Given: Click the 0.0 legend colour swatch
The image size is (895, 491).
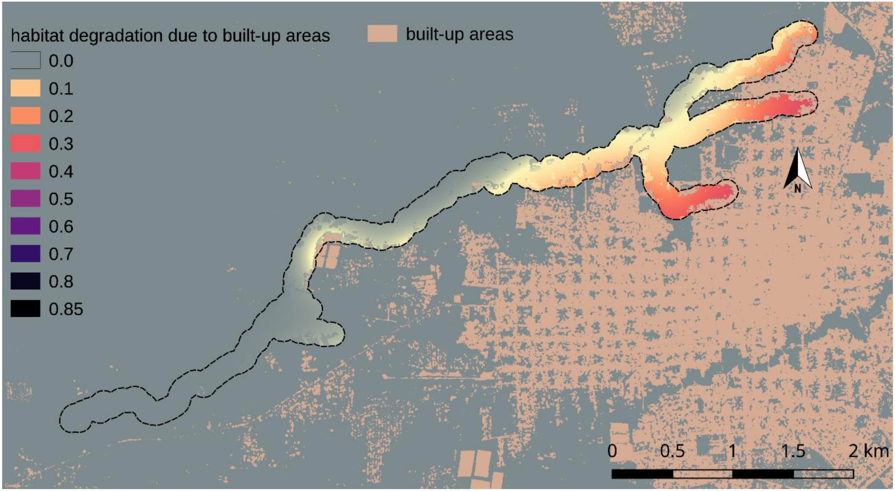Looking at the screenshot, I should [x=25, y=60].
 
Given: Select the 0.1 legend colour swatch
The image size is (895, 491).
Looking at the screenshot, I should [x=25, y=88].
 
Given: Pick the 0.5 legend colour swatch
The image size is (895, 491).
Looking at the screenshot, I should [x=25, y=199].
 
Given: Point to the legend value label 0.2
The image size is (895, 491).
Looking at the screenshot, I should [x=61, y=116].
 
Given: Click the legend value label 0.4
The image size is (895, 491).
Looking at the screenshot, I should [x=61, y=171].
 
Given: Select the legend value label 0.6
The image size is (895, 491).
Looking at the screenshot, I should [x=61, y=226].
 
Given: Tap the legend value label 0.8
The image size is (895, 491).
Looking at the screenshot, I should [x=61, y=281].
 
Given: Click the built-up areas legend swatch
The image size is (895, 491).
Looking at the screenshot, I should [x=382, y=34].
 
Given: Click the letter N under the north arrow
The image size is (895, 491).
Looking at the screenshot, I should [x=798, y=188].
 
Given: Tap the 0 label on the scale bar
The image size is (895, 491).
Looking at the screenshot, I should [x=612, y=451].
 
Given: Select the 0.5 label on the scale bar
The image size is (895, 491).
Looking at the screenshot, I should [x=672, y=451].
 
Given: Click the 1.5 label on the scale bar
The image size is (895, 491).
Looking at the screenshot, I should [x=793, y=451].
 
